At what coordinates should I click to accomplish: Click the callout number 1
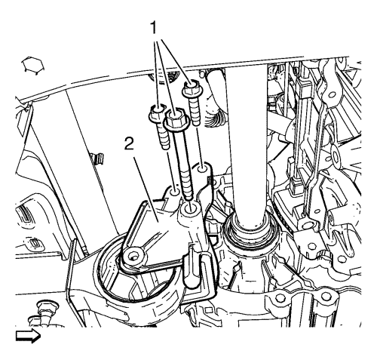(x=153, y=27)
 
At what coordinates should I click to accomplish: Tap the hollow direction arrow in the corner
(x=28, y=336)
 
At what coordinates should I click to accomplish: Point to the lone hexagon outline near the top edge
(x=32, y=65)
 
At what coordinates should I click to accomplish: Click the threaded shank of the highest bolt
(x=195, y=110)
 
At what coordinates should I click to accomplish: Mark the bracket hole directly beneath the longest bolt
(x=190, y=208)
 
